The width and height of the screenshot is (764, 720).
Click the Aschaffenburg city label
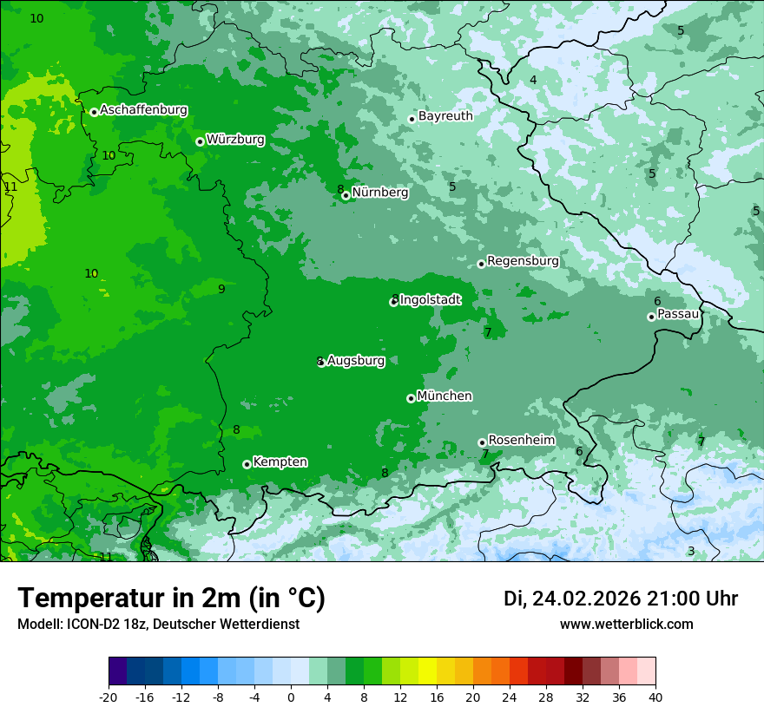pos(143,110)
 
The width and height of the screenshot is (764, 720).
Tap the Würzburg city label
pos(235,139)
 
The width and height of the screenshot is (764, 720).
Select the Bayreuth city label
pos(445,116)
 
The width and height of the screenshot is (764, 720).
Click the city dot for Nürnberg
pos(346,195)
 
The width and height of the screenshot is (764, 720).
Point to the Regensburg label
pos(523,261)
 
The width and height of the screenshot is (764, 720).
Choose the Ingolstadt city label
pos(431,300)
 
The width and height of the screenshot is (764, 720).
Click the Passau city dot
pos(651,317)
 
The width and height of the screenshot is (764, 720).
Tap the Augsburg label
pos(356,361)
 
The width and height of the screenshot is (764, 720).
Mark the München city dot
pos(411,398)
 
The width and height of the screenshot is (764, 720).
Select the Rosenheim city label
pos(521,440)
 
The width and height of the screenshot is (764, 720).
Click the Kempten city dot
pos(247,464)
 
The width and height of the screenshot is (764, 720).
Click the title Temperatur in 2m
pos(171,599)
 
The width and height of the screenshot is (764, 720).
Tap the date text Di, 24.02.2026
pos(571,599)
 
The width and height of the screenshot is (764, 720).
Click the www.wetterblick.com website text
pos(626,625)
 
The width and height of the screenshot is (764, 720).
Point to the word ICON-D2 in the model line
pos(89,625)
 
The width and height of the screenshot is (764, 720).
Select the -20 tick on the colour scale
pos(108,697)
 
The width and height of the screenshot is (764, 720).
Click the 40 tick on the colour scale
pos(655,697)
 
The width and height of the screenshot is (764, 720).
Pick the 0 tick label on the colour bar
pos(291,697)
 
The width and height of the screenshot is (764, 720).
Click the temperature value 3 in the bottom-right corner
pos(691,551)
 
